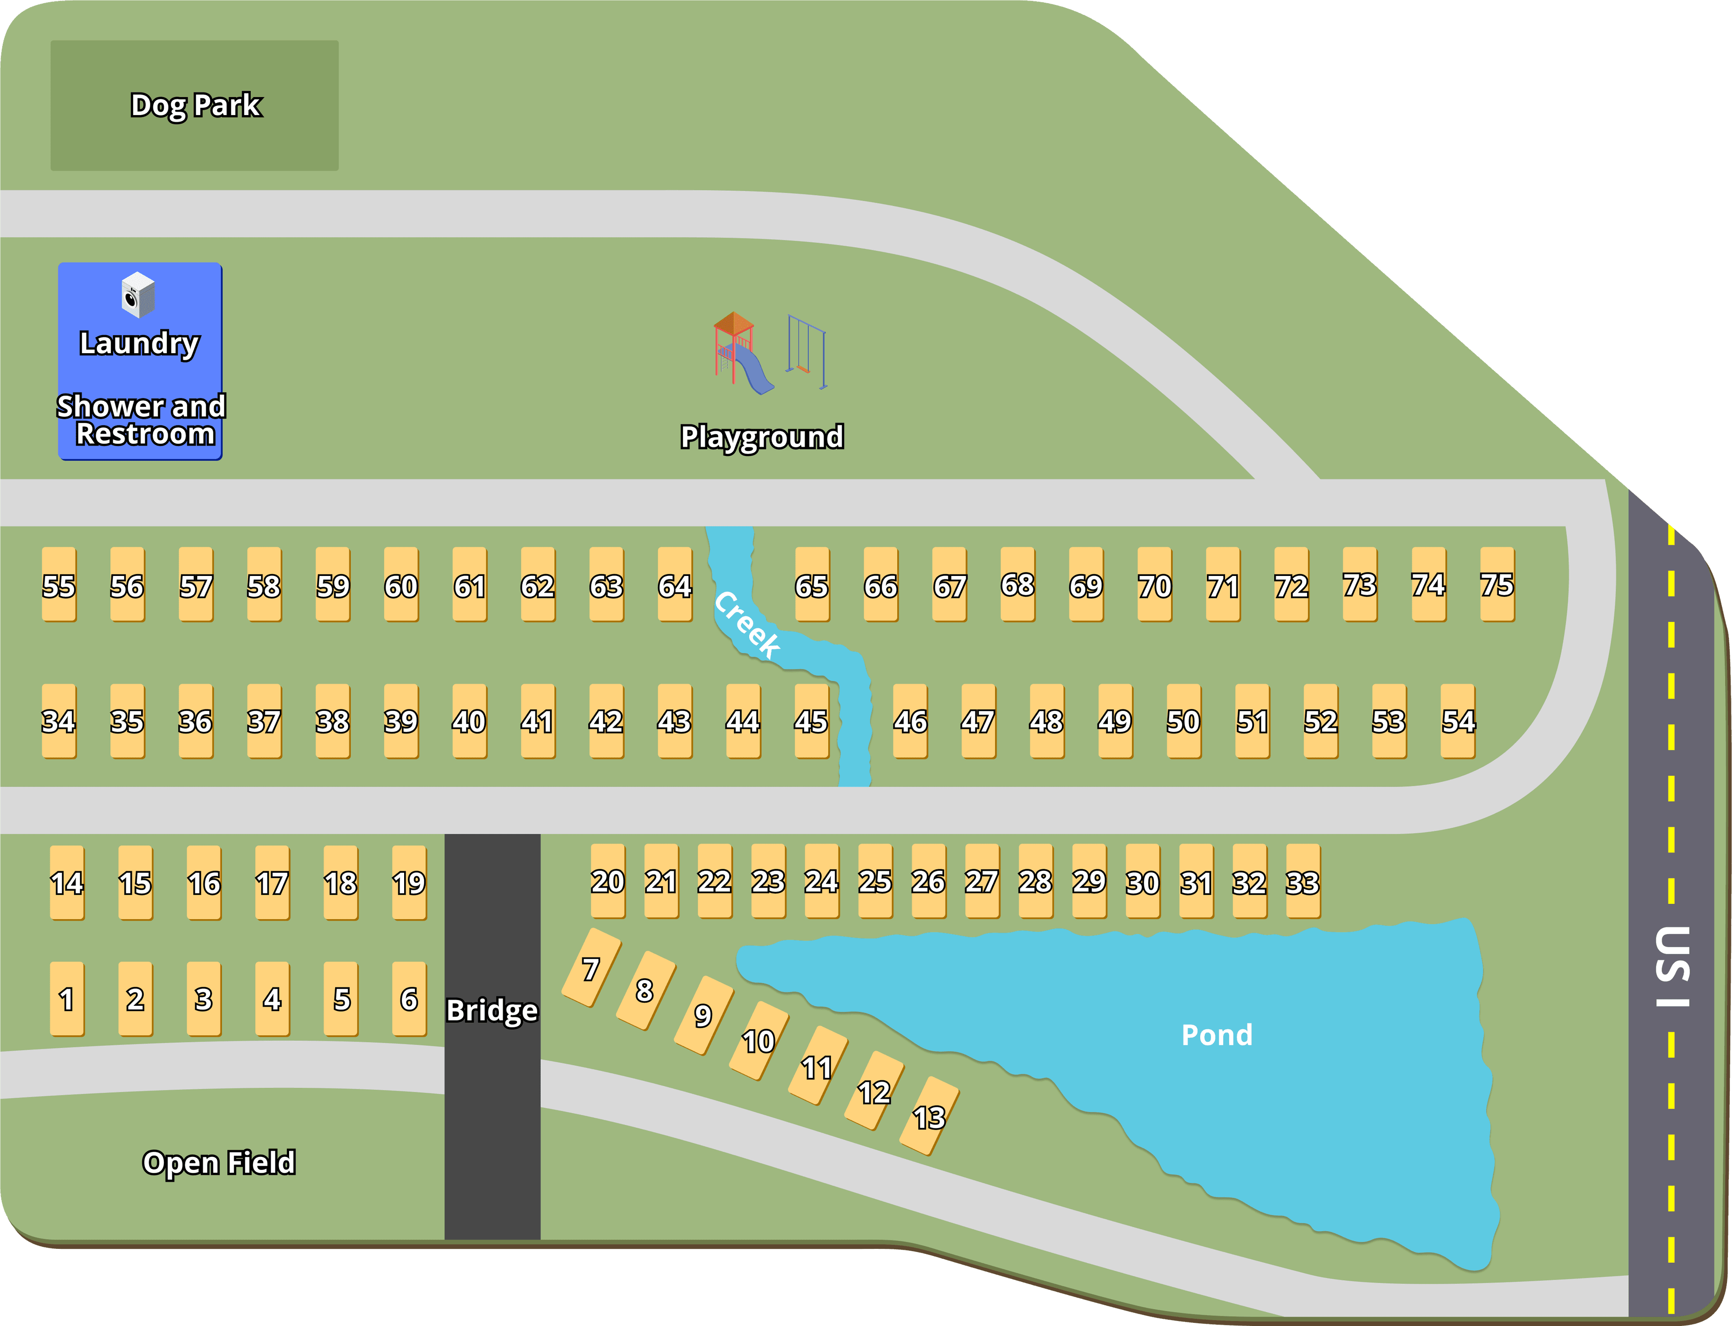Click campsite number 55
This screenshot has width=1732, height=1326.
point(59,585)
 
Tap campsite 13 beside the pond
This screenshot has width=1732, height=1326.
point(929,1116)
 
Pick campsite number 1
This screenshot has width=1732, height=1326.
point(66,999)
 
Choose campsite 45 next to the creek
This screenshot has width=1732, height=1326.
point(811,721)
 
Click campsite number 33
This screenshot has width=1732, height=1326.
point(1303,881)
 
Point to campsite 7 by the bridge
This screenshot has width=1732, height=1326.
point(590,968)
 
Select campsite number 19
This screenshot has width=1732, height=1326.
point(409,882)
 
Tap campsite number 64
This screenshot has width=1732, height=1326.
point(675,585)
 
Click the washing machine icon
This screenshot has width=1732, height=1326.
point(138,295)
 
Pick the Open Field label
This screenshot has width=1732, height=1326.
point(219,1162)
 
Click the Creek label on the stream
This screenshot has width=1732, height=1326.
point(747,623)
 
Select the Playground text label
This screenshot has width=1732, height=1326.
point(762,437)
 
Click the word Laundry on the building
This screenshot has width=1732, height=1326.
point(140,343)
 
